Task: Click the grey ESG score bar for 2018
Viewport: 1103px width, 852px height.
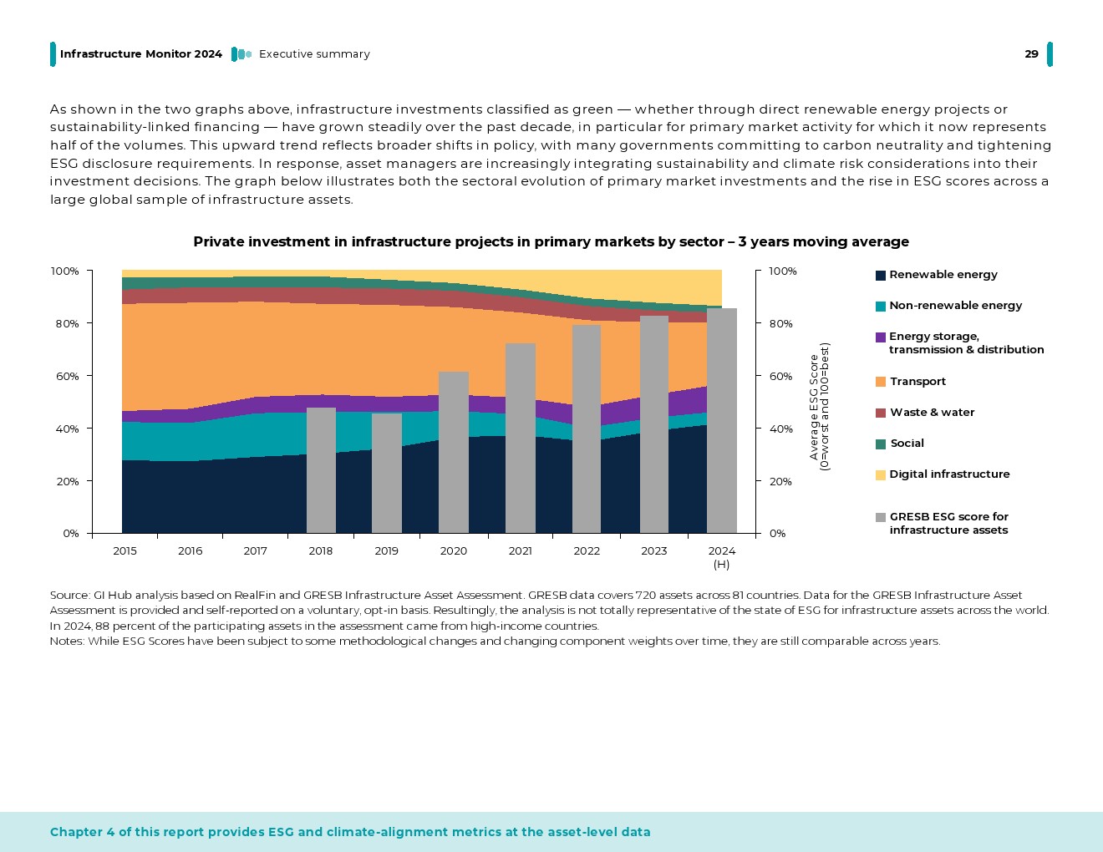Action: click(x=321, y=470)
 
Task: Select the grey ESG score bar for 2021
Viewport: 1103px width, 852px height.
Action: click(x=520, y=439)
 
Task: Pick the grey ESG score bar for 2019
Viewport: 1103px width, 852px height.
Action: click(x=387, y=473)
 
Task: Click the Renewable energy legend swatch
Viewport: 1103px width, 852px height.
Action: click(x=880, y=275)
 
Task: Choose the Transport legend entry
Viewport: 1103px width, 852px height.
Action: click(x=917, y=382)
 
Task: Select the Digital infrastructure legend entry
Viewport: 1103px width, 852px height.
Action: click(x=948, y=474)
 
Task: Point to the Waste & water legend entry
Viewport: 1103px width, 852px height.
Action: click(x=932, y=413)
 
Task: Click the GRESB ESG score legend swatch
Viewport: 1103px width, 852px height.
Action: click(x=880, y=518)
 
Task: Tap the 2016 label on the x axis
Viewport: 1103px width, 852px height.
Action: click(x=190, y=551)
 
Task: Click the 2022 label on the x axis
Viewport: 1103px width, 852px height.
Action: click(x=587, y=551)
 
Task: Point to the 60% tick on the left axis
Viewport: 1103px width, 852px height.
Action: click(x=65, y=377)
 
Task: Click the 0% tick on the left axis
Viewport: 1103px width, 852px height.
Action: click(x=70, y=534)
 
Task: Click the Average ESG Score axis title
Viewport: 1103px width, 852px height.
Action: click(x=819, y=407)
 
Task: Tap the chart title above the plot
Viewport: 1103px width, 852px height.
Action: click(x=551, y=242)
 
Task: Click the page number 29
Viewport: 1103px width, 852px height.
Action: click(x=1031, y=54)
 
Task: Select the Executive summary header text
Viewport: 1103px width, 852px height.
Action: click(x=314, y=54)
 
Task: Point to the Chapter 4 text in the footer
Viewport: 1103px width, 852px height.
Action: click(x=350, y=832)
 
